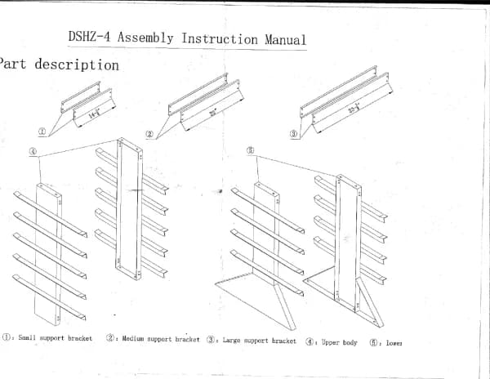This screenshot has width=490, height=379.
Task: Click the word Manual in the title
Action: (x=286, y=39)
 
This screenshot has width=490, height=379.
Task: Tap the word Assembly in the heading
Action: (x=149, y=38)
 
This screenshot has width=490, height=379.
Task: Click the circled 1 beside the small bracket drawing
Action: (x=42, y=130)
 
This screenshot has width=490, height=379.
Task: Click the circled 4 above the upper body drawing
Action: (x=33, y=151)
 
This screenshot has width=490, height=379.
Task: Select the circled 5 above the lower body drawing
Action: (x=251, y=150)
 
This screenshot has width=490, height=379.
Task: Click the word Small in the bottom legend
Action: (x=26, y=338)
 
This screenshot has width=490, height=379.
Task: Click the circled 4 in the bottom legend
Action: (x=311, y=341)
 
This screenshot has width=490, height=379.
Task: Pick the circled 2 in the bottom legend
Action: (x=110, y=338)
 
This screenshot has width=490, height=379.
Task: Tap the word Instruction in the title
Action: (x=220, y=39)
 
